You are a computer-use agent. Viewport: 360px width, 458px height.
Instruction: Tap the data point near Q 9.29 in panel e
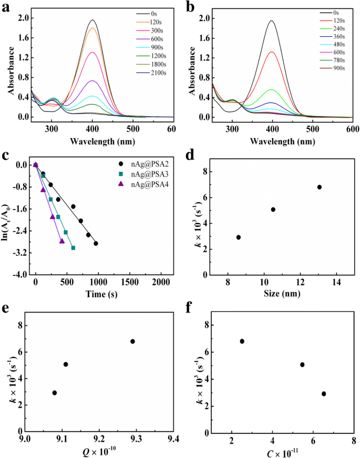point(132,341)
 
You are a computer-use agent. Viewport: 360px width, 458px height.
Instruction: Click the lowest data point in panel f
point(324,394)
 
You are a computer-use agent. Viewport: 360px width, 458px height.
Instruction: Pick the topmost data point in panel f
point(242,341)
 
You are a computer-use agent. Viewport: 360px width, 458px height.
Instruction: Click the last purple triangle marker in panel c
point(62,241)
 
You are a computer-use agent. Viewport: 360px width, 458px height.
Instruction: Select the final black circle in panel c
point(96,243)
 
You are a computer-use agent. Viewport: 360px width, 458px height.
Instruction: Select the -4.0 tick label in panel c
point(19,275)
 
